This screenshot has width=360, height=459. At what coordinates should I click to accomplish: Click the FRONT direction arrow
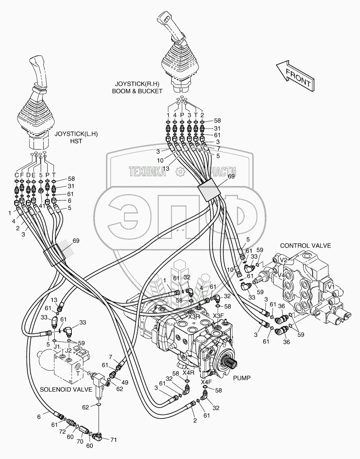[x=296, y=76]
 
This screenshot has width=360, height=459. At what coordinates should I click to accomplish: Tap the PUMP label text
[x=242, y=378]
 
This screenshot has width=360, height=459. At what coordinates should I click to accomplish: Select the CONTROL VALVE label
[x=305, y=246]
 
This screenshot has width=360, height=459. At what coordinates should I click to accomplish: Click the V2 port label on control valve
[x=284, y=260]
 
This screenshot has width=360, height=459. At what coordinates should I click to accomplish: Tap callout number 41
[x=42, y=206]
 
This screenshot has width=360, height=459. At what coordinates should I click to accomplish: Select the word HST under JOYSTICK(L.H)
[x=76, y=141]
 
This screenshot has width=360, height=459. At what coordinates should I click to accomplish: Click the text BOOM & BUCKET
[x=137, y=91]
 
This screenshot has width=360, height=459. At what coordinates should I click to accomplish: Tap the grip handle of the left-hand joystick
[x=39, y=74]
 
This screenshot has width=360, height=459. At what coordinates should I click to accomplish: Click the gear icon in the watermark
[x=180, y=171]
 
